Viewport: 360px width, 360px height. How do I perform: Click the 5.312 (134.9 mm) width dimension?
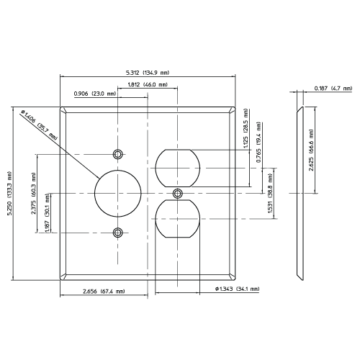tap(148, 73)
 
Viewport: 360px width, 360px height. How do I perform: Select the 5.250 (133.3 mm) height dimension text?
tap(9, 194)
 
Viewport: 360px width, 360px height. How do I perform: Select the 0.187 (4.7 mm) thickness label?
tap(332, 89)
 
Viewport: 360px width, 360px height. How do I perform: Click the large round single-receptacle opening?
tap(117, 194)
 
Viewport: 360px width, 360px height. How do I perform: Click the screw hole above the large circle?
tap(117, 154)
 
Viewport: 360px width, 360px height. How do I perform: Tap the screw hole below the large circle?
tap(117, 233)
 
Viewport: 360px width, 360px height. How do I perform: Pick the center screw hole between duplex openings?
tap(177, 193)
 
